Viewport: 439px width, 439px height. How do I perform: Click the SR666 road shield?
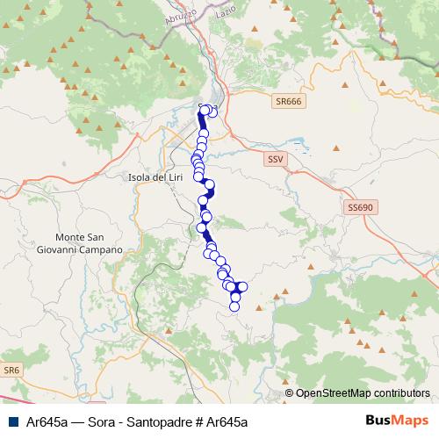pyautogui.click(x=287, y=102)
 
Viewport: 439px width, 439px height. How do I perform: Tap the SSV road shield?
pyautogui.click(x=276, y=159)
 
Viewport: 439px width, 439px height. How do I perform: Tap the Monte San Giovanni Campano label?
pyautogui.click(x=89, y=243)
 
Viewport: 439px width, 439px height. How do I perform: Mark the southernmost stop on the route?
pyautogui.click(x=234, y=306)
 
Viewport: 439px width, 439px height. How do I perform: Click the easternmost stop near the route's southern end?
pyautogui.click(x=243, y=286)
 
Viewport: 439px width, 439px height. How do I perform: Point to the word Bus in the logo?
pyautogui.click(x=379, y=421)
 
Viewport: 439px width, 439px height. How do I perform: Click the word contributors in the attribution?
pyautogui.click(x=399, y=392)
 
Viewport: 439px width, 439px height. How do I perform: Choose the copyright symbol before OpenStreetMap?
pyautogui.click(x=288, y=392)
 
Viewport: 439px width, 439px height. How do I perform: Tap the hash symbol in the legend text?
pyautogui.click(x=199, y=421)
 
